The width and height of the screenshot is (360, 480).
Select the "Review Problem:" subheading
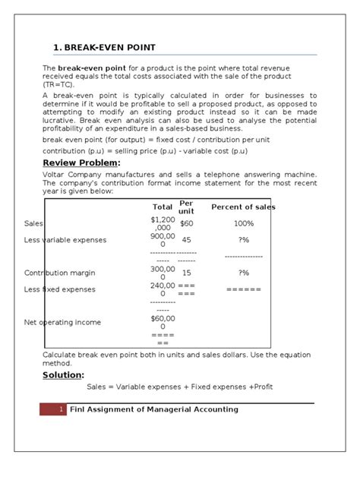[x=81, y=162]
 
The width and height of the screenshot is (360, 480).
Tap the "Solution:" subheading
[x=63, y=374]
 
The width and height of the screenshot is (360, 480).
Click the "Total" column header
[x=163, y=207]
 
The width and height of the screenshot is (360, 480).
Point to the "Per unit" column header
[x=186, y=207]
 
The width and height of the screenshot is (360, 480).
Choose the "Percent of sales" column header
[x=243, y=207]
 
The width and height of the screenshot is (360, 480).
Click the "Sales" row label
[x=34, y=224]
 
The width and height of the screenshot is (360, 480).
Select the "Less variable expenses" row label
[x=65, y=240]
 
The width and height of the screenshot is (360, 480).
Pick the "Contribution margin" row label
[x=60, y=273]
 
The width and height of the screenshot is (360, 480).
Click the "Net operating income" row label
[x=62, y=322]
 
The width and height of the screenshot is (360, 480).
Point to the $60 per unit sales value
[x=187, y=224]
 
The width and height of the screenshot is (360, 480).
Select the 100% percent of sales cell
[x=244, y=224]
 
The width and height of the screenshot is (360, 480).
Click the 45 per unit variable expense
[x=187, y=240]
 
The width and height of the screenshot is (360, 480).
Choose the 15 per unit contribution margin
[x=187, y=273]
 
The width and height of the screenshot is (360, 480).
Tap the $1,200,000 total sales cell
[x=163, y=223]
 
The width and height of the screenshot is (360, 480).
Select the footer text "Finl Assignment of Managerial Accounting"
[x=153, y=409]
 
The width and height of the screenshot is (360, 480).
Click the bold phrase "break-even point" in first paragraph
[x=89, y=68]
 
